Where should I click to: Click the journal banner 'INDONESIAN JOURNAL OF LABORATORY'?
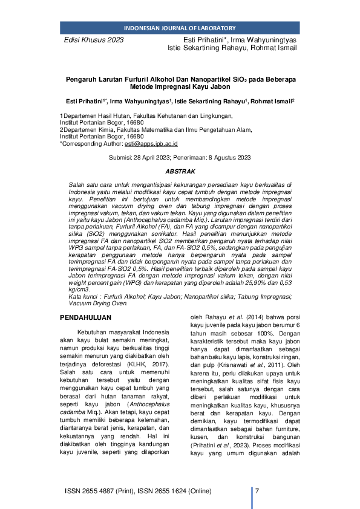179,28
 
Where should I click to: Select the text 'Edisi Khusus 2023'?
94,40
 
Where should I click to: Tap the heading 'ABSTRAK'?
179,172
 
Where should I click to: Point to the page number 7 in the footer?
258,490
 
